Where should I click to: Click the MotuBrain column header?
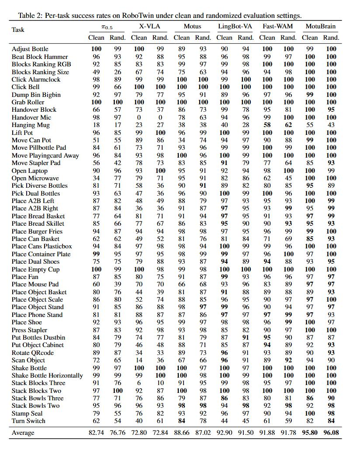coord(321,26)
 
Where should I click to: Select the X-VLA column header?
coord(149,26)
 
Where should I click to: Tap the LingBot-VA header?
coord(235,26)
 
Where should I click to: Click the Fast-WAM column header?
coord(278,26)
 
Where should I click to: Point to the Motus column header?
coord(192,26)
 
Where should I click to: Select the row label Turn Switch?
coord(28,421)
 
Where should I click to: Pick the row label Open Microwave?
coord(35,178)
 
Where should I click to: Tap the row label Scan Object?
coord(28,360)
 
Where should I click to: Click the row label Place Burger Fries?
coord(37,231)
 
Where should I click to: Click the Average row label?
coord(23,433)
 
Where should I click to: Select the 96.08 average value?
coord(331,433)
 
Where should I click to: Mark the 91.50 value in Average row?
coord(246,433)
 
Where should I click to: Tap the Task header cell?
coord(18,30)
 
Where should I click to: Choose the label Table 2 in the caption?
coord(29,16)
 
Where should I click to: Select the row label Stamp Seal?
coord(27,413)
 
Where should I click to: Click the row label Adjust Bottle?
coord(30,49)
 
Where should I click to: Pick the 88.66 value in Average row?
coord(181,433)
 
